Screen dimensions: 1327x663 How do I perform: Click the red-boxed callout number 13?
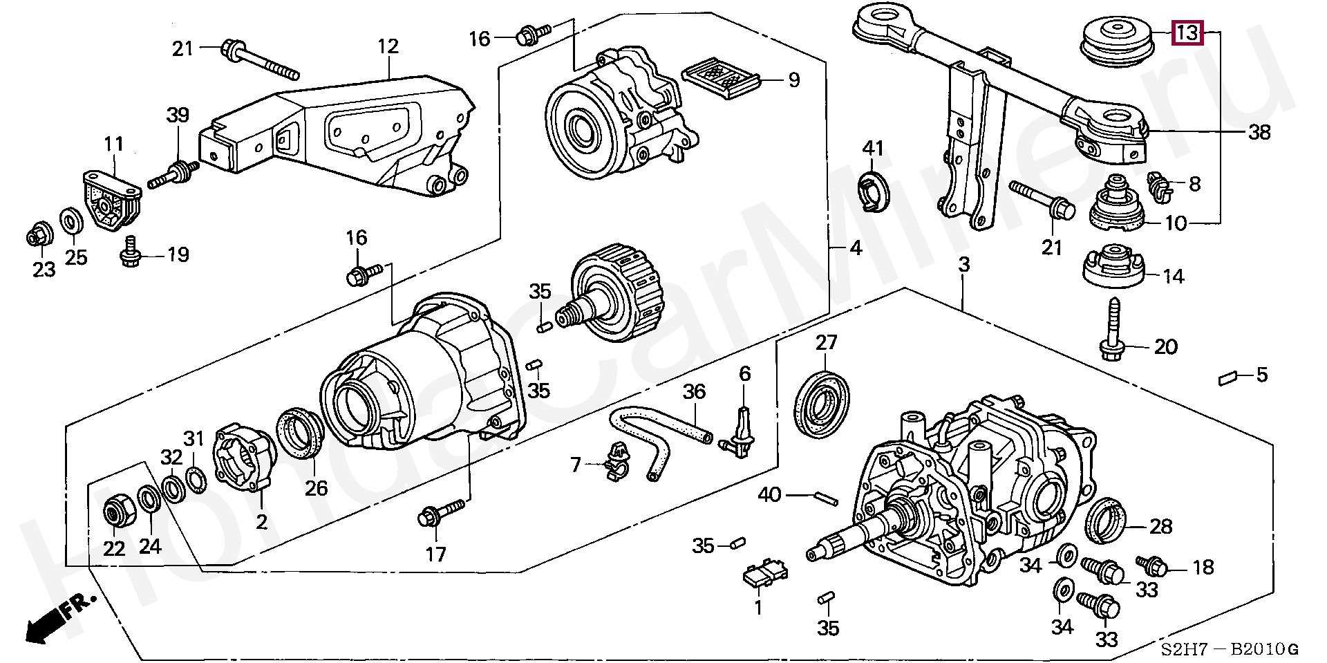(x=1188, y=32)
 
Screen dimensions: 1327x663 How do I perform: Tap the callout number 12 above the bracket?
(x=388, y=46)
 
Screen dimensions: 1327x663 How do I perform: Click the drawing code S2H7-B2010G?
(x=1230, y=648)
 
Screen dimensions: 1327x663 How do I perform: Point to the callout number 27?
(x=826, y=343)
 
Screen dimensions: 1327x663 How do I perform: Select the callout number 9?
(x=794, y=80)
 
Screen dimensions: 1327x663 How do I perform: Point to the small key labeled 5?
(x=1227, y=377)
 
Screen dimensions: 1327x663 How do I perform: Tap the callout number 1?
(x=758, y=608)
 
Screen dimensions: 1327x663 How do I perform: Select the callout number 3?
(x=963, y=264)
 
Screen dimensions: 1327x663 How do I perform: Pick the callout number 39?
(x=178, y=115)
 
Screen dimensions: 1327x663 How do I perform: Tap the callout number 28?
(x=1161, y=527)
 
